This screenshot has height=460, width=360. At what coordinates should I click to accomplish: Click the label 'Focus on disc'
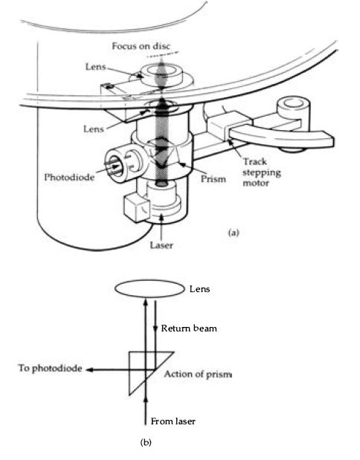141,46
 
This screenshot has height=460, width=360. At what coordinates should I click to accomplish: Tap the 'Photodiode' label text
69,177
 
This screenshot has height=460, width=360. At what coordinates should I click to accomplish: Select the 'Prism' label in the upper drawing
213,179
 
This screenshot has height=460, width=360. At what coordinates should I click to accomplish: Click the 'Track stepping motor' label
261,172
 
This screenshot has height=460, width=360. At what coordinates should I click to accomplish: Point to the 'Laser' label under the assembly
161,245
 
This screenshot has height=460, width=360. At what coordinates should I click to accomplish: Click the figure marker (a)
234,233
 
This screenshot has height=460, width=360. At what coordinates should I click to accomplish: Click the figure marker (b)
146,442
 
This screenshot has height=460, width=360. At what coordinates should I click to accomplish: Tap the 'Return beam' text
189,328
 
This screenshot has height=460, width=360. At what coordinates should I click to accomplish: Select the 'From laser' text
173,421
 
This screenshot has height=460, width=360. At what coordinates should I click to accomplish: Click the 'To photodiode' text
50,368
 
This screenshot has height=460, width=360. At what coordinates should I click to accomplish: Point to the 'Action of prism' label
198,374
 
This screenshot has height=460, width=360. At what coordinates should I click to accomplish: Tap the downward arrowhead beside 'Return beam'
155,328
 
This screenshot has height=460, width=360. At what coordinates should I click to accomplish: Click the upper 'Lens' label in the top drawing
95,67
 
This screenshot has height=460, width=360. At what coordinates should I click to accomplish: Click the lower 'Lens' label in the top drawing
94,129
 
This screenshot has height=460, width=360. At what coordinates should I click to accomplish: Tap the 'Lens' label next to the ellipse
199,289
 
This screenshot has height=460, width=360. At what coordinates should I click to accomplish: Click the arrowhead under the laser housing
161,218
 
